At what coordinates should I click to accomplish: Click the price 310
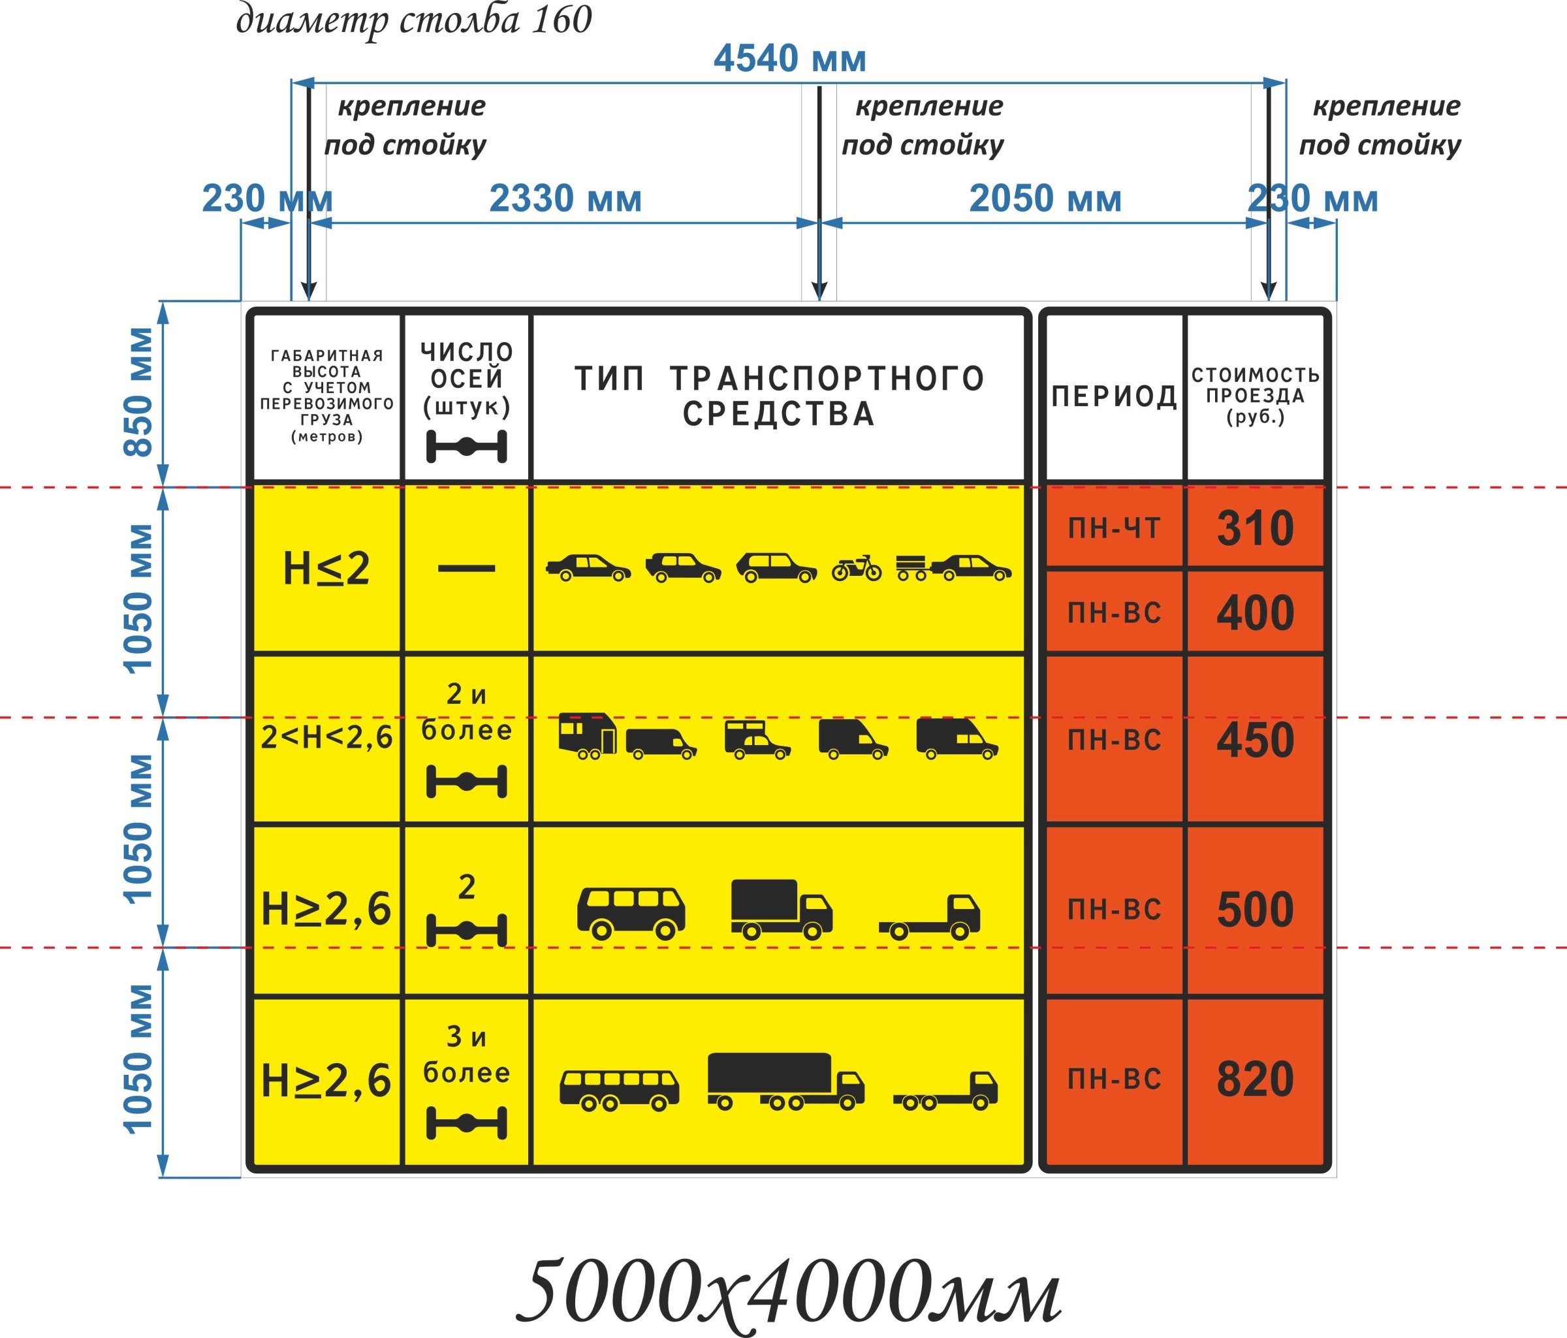coord(1255,528)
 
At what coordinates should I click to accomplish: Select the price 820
coord(1255,1079)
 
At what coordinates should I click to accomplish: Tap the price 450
coord(1255,740)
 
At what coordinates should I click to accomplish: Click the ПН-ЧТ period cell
coord(1114,528)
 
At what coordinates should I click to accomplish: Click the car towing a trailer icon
coord(954,567)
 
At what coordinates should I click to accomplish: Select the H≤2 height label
coord(326,568)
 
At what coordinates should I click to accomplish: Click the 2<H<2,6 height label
coord(326,737)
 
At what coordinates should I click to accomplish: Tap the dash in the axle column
coord(467,568)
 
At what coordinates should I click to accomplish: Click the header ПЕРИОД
coord(1114,396)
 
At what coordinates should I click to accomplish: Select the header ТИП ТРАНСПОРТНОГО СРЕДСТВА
coord(779,396)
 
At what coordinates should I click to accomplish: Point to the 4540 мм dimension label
coord(789,59)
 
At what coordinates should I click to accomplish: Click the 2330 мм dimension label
coord(565,199)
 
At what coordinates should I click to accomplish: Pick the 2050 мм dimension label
coord(1045,199)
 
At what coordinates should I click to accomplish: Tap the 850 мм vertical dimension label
coord(138,392)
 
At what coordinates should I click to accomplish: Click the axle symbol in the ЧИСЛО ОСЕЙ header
coord(467,447)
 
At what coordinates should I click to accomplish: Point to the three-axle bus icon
coord(620,1091)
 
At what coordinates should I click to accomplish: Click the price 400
coord(1255,613)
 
